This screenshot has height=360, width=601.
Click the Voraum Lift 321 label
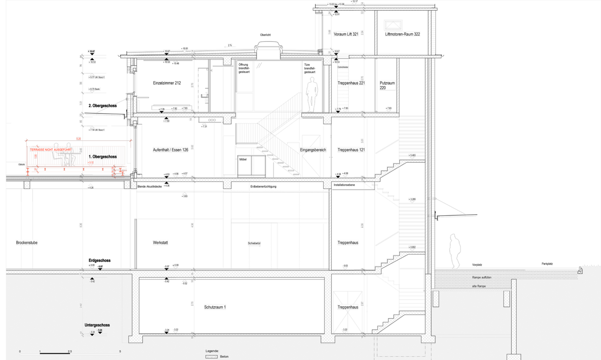346,34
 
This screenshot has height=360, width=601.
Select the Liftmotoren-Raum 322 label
403,34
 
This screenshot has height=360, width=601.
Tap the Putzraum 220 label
387,85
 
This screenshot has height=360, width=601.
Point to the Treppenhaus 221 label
351,83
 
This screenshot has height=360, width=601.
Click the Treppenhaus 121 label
351,150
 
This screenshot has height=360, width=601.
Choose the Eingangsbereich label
313,150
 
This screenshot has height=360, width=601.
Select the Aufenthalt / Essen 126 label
171,150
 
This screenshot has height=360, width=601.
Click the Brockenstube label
27,243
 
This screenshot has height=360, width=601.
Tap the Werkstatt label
160,243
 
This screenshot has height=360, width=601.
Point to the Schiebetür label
254,243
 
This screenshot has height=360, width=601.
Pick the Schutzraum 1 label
215,307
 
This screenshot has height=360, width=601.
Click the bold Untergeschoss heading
97,325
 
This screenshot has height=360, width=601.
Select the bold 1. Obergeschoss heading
103,157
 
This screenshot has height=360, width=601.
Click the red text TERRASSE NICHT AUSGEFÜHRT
51,149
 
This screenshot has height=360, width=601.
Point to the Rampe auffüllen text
482,278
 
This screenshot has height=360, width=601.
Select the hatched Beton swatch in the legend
211,357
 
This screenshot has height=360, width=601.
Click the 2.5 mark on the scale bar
70,351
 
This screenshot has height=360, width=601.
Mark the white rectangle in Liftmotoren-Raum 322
393,25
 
